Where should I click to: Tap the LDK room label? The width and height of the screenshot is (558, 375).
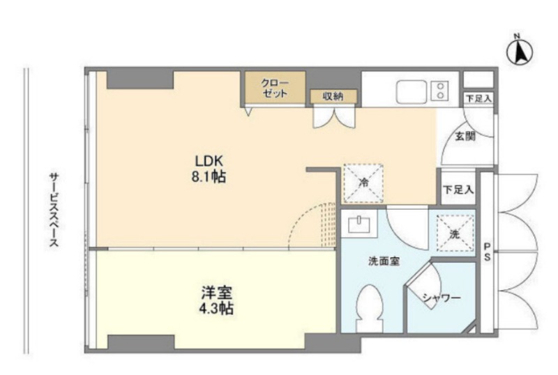(x=209, y=161)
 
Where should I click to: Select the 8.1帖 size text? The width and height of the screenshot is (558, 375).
(x=209, y=177)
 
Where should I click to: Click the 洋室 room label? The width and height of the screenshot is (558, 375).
(x=217, y=293)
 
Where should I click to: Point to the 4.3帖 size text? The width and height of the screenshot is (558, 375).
(x=216, y=309)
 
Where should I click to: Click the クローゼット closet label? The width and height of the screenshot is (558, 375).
(x=275, y=88)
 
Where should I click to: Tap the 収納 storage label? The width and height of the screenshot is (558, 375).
(x=333, y=96)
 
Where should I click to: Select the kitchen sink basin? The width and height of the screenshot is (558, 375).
(x=411, y=92)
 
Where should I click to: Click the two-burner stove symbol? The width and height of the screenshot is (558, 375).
(x=440, y=91)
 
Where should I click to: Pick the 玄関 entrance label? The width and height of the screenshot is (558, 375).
(x=465, y=136)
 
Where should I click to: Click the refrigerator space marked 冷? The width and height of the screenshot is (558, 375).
(x=363, y=183)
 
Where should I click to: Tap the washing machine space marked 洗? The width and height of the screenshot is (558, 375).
(x=455, y=234)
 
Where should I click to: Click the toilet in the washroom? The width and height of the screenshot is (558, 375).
(x=370, y=308)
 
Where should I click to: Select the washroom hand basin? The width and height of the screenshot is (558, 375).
(x=359, y=224)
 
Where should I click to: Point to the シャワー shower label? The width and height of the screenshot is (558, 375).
(x=442, y=298)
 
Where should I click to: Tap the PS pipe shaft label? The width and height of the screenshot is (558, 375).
(x=487, y=252)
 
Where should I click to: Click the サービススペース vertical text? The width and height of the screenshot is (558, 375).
(x=54, y=210)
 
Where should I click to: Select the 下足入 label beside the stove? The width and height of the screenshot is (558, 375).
(x=478, y=98)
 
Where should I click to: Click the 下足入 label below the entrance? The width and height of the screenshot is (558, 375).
(x=458, y=190)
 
